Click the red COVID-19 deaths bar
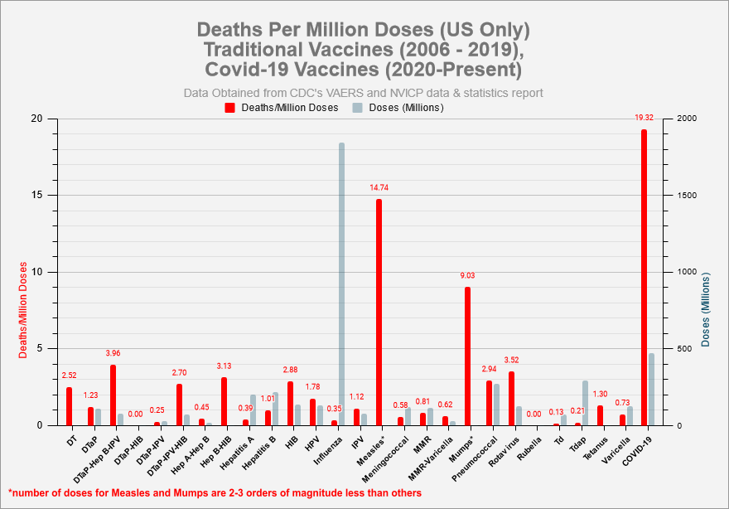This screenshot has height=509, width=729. coord(644,278)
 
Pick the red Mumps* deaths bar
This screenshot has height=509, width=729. coord(467,356)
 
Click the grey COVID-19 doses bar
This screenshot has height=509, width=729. coord(651,390)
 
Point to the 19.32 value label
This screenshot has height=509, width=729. coord(644,118)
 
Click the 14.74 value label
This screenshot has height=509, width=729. coord(379,188)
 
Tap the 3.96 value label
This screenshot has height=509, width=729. coord(113,353)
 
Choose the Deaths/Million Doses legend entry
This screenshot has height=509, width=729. coord(282,108)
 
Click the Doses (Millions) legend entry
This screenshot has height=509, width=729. coord(398,108)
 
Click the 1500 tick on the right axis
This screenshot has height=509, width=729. coord(688,196)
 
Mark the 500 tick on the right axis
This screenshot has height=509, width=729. coord(685,349)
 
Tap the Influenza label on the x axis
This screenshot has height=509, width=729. coord(328,448)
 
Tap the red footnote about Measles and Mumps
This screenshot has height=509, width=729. coord(215,492)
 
